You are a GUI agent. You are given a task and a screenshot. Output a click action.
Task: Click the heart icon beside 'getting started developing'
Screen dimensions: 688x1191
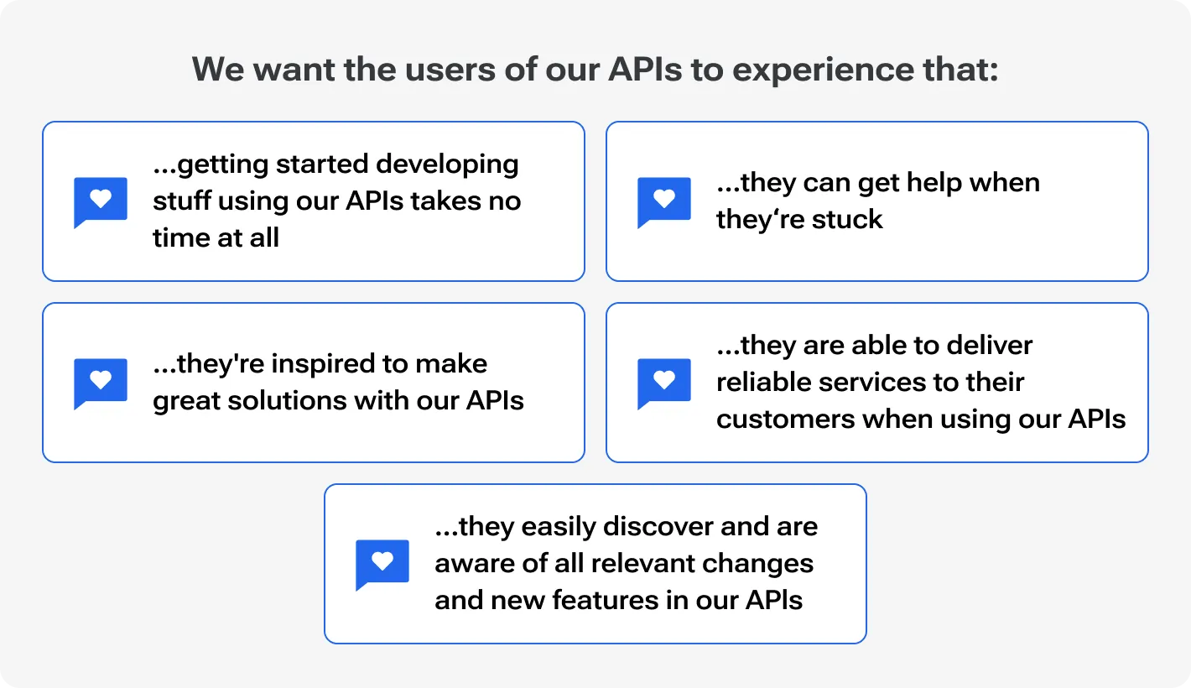pos(101,200)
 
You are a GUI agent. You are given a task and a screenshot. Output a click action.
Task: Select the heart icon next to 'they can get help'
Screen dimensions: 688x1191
pos(664,200)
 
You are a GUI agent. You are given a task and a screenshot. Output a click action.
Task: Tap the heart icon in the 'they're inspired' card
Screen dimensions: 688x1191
pos(101,381)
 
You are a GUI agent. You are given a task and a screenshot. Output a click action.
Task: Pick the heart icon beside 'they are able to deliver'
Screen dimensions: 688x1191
pos(664,381)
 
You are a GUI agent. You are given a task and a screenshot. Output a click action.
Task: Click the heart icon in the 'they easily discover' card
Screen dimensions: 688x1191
pos(382,562)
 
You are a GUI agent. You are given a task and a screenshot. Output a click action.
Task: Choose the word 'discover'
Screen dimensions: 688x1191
pos(655,527)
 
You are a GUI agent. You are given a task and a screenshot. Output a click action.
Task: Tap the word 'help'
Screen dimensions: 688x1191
pos(920,183)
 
